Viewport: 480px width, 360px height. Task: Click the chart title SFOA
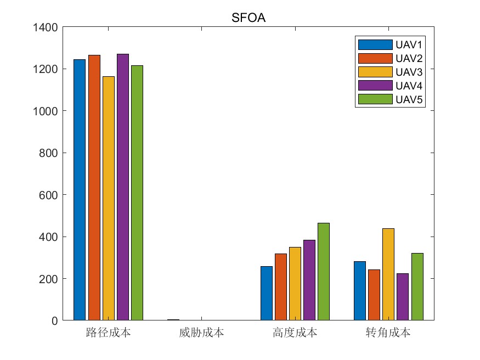pyautogui.click(x=249, y=18)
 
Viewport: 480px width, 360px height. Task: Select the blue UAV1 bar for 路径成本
pyautogui.click(x=80, y=189)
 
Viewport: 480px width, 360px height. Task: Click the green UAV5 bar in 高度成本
pyautogui.click(x=324, y=271)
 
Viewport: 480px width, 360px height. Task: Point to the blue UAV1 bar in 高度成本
pyautogui.click(x=267, y=293)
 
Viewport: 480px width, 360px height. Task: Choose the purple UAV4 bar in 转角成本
pyautogui.click(x=403, y=296)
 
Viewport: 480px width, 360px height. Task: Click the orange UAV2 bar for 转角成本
pyautogui.click(x=374, y=295)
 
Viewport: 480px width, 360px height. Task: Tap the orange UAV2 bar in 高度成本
pyautogui.click(x=281, y=286)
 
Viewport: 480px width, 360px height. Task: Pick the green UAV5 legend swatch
pyautogui.click(x=375, y=99)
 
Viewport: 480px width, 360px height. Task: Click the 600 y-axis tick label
pyautogui.click(x=49, y=195)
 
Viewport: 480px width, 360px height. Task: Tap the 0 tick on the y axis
pyautogui.click(x=55, y=320)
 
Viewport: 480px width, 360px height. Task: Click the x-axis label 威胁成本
pyautogui.click(x=201, y=333)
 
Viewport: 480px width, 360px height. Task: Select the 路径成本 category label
pyautogui.click(x=108, y=333)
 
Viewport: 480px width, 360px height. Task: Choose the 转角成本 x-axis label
pyautogui.click(x=388, y=333)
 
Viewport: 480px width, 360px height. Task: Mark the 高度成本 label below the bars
pyautogui.click(x=295, y=333)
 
